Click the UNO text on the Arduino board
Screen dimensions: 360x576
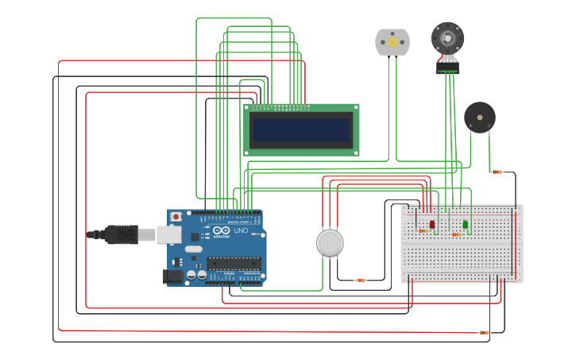pyautogui.click(x=241, y=231)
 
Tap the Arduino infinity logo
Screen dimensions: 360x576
pyautogui.click(x=221, y=231)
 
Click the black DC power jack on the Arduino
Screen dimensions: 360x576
pyautogui.click(x=172, y=277)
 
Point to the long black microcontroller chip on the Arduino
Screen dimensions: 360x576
pyautogui.click(x=234, y=263)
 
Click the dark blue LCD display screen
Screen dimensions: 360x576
pyautogui.click(x=301, y=130)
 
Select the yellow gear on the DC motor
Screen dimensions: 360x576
pyautogui.click(x=392, y=42)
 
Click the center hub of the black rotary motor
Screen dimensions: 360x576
pyautogui.click(x=446, y=37)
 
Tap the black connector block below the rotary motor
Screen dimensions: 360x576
pyautogui.click(x=447, y=68)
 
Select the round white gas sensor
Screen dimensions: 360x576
pyautogui.click(x=330, y=242)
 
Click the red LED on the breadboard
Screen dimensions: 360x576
pyautogui.click(x=432, y=225)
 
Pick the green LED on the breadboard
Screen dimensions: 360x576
pyautogui.click(x=466, y=225)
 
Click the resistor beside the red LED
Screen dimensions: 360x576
pyautogui.click(x=423, y=231)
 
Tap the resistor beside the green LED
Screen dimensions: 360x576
pyautogui.click(x=457, y=234)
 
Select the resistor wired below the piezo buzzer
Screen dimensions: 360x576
pyautogui.click(x=497, y=172)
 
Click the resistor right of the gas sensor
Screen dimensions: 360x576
pyautogui.click(x=360, y=280)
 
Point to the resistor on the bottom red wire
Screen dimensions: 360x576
pyautogui.click(x=483, y=332)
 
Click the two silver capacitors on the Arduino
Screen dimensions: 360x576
pyautogui.click(x=197, y=275)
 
